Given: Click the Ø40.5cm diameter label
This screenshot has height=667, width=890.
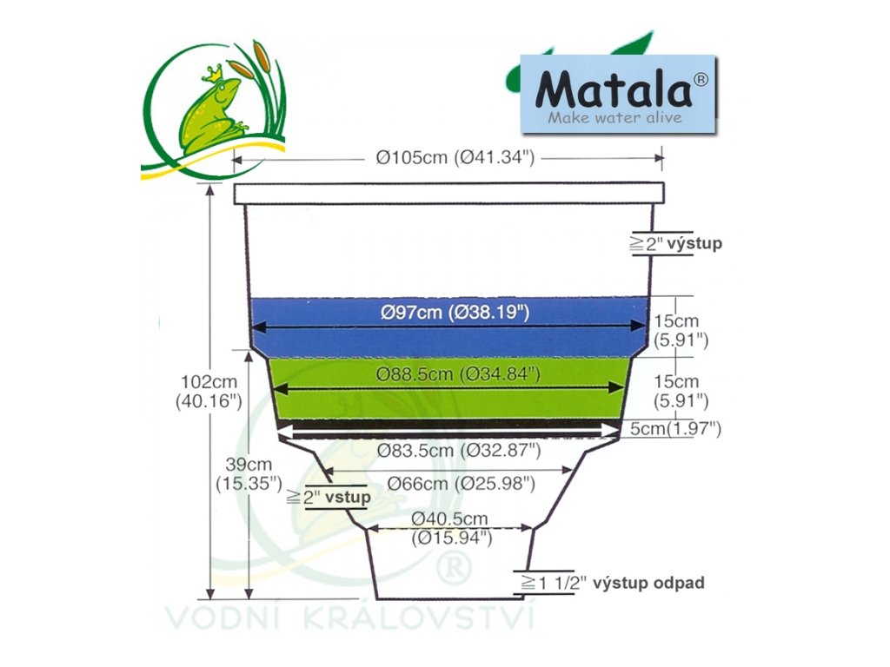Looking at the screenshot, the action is (451, 527).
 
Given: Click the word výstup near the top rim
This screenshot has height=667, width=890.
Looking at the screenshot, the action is (694, 244).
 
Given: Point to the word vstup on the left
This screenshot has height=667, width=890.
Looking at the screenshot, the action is (348, 499).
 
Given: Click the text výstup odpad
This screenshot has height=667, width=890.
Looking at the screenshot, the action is (648, 583).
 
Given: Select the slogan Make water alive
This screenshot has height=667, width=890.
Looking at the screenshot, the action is (614, 117).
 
